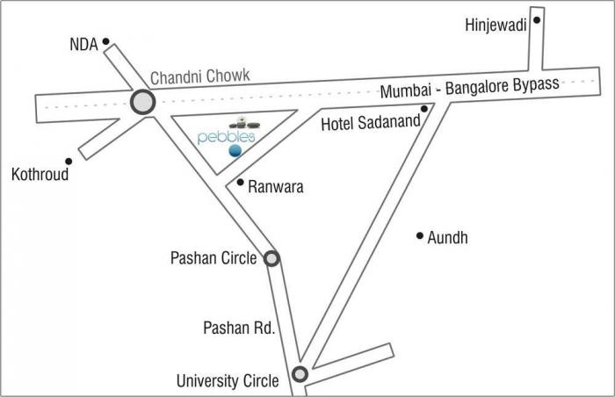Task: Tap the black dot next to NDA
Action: pyautogui.click(x=105, y=41)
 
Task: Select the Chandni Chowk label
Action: pyautogui.click(x=200, y=77)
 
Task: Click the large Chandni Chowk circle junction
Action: pyautogui.click(x=142, y=103)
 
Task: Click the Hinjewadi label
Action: pyautogui.click(x=496, y=25)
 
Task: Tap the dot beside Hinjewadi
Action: pyautogui.click(x=537, y=19)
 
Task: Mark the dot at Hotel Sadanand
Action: pyautogui.click(x=424, y=110)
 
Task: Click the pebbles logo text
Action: pyautogui.click(x=227, y=137)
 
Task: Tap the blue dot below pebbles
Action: pyautogui.click(x=235, y=151)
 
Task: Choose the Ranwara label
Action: pyautogui.click(x=276, y=186)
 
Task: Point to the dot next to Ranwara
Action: pyautogui.click(x=241, y=183)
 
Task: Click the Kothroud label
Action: pyautogui.click(x=40, y=174)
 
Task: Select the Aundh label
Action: pyautogui.click(x=448, y=238)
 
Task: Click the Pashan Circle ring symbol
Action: pyautogui.click(x=272, y=258)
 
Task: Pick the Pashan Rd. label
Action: pyautogui.click(x=240, y=328)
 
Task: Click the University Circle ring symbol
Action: pyautogui.click(x=300, y=374)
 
